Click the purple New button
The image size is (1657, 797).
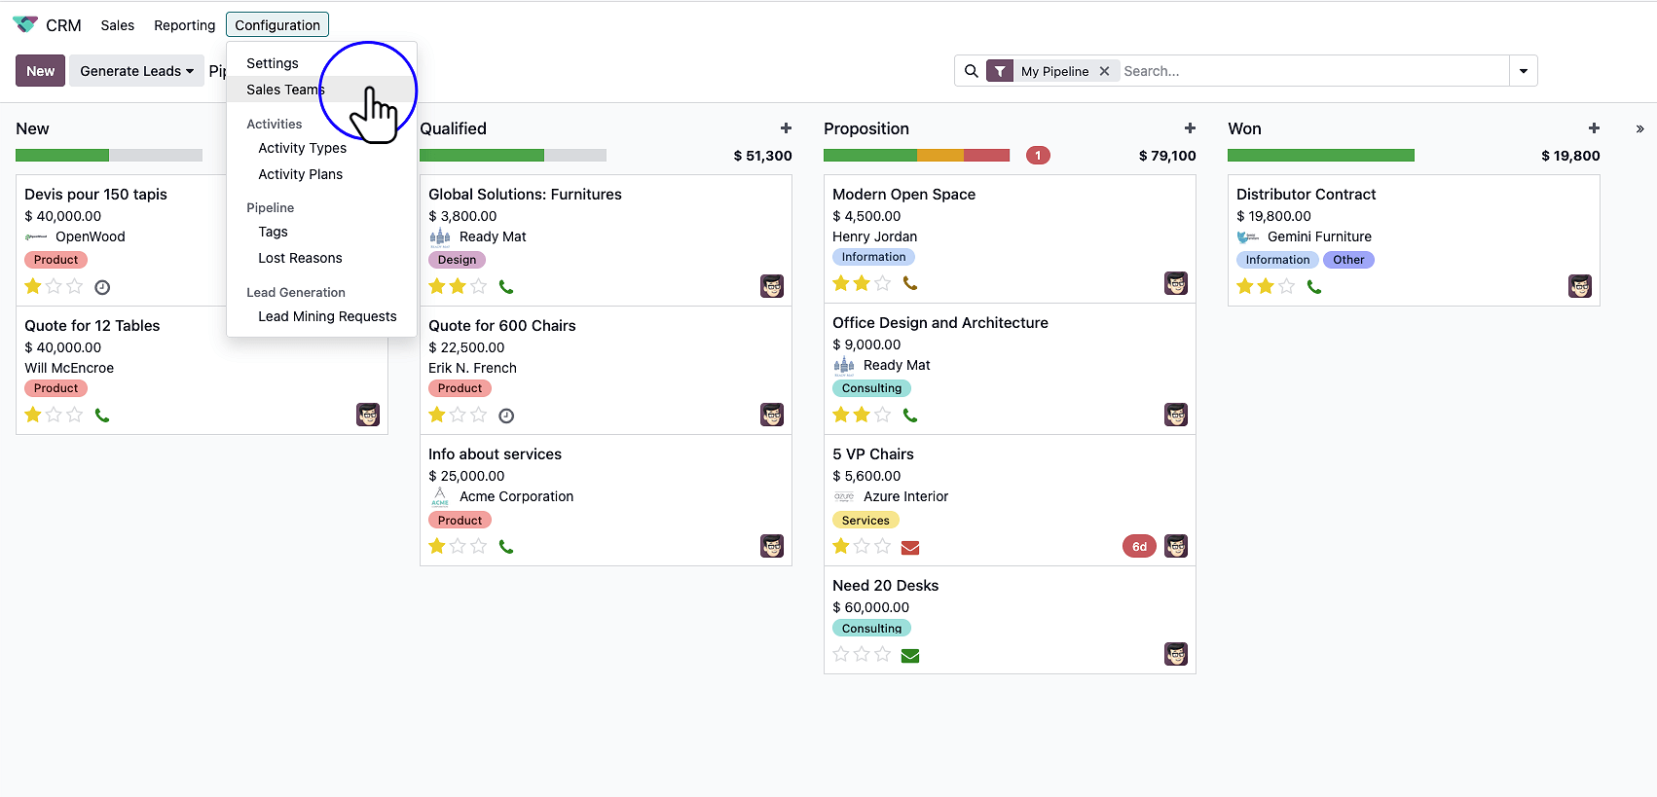point(40,71)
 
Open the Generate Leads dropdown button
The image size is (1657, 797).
point(136,71)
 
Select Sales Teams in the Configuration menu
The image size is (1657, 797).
point(284,90)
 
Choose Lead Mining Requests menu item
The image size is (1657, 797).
point(327,316)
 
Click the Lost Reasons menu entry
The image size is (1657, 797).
point(300,258)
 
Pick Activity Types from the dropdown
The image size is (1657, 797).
point(302,148)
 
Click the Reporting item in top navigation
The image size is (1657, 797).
point(184,25)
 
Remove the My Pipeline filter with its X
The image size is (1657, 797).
point(1104,71)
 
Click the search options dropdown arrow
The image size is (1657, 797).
point(1523,71)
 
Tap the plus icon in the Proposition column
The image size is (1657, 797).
point(1190,128)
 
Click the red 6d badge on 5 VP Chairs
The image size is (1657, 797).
point(1139,546)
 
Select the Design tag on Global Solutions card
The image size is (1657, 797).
point(457,260)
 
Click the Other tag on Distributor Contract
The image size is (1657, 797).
point(1348,260)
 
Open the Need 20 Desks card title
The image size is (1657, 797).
point(885,585)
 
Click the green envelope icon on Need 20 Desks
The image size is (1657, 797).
point(910,655)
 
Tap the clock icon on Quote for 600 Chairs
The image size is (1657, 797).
point(506,416)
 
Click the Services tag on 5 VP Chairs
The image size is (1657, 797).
point(865,521)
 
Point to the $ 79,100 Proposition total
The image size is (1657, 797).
point(1167,156)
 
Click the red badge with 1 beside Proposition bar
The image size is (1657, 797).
point(1038,156)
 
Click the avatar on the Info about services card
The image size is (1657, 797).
point(772,546)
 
